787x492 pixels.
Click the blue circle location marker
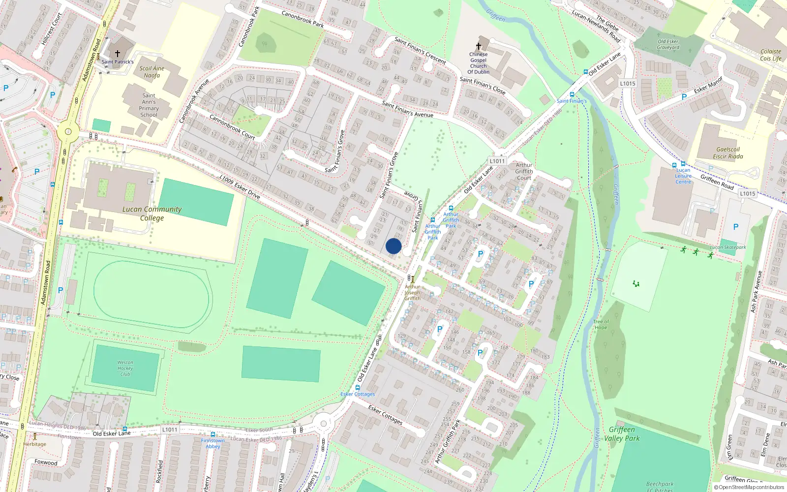point(393,246)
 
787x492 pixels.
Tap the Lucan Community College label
point(152,214)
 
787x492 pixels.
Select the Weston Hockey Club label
point(125,368)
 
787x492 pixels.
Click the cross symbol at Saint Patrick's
point(118,53)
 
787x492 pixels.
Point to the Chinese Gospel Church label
point(479,63)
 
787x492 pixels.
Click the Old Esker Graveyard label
point(668,45)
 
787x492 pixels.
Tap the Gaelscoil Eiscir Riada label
point(728,153)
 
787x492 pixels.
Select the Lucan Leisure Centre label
point(683,176)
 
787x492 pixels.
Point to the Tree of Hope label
point(601,324)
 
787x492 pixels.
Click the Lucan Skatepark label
point(727,247)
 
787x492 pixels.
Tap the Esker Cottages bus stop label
point(358,394)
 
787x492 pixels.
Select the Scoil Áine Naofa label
point(152,72)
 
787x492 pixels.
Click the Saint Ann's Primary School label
point(149,105)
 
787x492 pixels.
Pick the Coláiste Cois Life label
point(771,55)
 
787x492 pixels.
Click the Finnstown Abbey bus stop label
point(213,443)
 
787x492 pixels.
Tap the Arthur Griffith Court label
point(524,172)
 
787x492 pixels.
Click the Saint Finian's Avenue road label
point(408,109)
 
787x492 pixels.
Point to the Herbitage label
point(34,444)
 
